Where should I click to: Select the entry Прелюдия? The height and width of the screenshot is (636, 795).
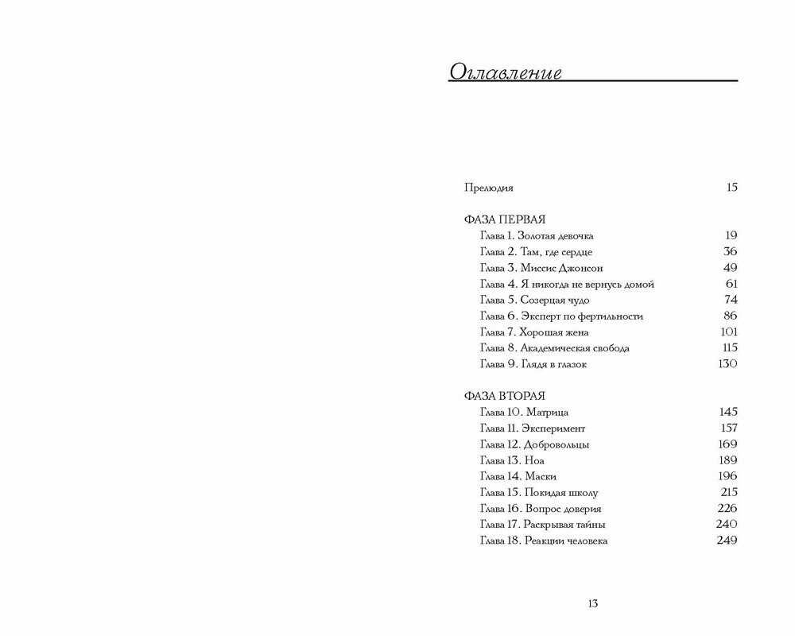(488, 188)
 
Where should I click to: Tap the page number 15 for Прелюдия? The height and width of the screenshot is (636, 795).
(731, 188)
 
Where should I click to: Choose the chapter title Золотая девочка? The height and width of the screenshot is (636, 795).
(555, 235)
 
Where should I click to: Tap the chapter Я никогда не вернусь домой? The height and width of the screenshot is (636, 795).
(587, 284)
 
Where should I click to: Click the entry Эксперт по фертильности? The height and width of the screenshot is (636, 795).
(582, 316)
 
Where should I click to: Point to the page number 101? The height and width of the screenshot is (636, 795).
(728, 332)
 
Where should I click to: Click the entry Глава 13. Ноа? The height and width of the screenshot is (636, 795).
(512, 460)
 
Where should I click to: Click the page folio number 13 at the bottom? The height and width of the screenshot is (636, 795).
(593, 603)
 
